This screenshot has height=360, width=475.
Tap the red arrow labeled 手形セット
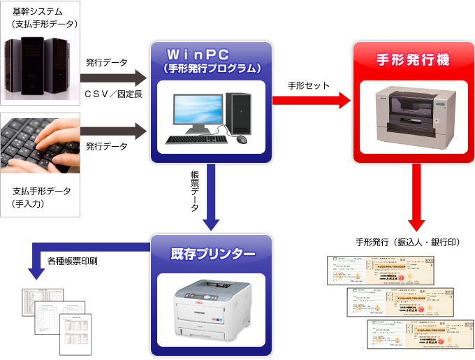tap(312, 100)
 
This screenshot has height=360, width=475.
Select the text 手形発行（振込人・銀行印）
tap(407, 243)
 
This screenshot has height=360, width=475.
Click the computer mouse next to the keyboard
tap(242, 139)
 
